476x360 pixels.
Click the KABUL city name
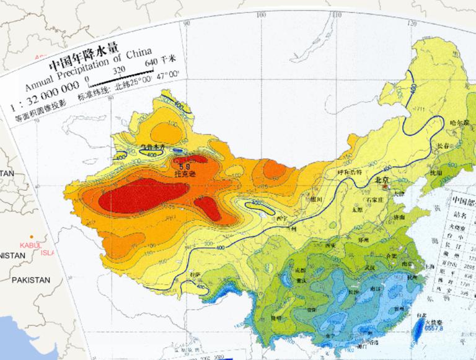tap(29, 245)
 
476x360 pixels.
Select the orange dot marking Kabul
tap(32, 239)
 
